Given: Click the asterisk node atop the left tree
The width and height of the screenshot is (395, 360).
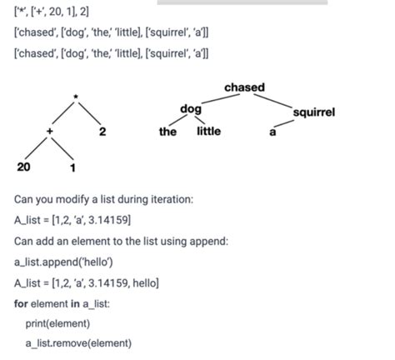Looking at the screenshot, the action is click(x=76, y=97).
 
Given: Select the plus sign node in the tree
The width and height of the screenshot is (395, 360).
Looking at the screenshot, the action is click(x=50, y=132).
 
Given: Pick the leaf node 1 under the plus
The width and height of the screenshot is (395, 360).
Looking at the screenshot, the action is click(x=73, y=167).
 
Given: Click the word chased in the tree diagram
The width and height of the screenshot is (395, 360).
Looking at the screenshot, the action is click(x=244, y=87).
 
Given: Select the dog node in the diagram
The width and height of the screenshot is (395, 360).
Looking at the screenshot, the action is click(x=190, y=109).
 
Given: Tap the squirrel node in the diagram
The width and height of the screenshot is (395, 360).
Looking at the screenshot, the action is click(x=314, y=111).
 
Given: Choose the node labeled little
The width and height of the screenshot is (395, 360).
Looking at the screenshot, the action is click(x=208, y=132).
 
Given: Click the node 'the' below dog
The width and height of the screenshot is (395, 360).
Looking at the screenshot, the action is click(x=167, y=132).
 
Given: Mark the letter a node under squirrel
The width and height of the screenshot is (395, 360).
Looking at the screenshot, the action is click(x=272, y=132).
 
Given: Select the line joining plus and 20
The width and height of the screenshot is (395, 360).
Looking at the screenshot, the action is click(x=37, y=148).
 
